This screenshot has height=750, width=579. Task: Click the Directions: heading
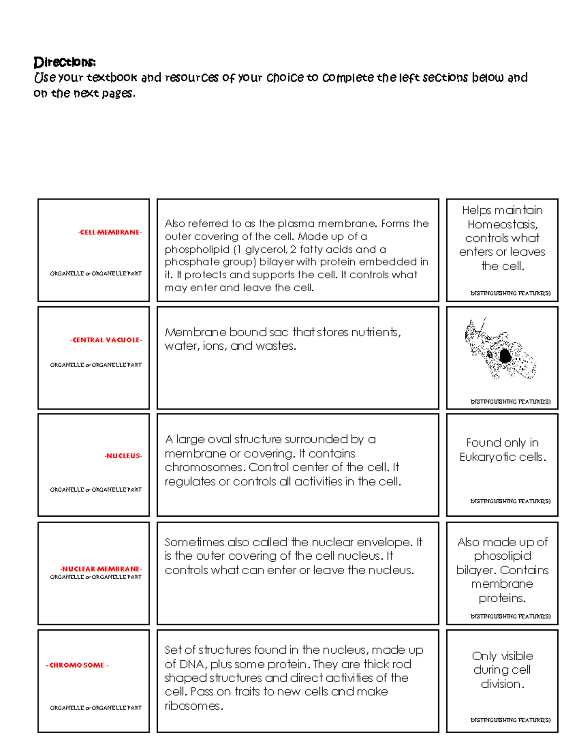(x=65, y=62)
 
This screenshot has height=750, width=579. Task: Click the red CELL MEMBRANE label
(x=110, y=232)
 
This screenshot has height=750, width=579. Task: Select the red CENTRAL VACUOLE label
(x=106, y=340)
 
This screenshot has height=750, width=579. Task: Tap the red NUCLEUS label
(x=123, y=456)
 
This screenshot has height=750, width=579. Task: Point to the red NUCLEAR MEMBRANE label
(x=101, y=569)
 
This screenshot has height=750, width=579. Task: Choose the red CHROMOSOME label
(x=77, y=665)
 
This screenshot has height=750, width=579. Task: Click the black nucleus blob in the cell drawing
(x=505, y=356)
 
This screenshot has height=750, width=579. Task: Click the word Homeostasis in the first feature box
(x=502, y=225)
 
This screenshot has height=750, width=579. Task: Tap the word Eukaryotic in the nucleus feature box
(x=483, y=457)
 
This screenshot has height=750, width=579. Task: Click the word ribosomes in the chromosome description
(x=193, y=706)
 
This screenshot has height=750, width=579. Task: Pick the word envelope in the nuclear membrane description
(x=390, y=542)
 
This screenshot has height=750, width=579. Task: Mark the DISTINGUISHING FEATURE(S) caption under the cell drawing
(x=510, y=402)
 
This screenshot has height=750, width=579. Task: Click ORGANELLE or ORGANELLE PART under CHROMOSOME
(x=96, y=708)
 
